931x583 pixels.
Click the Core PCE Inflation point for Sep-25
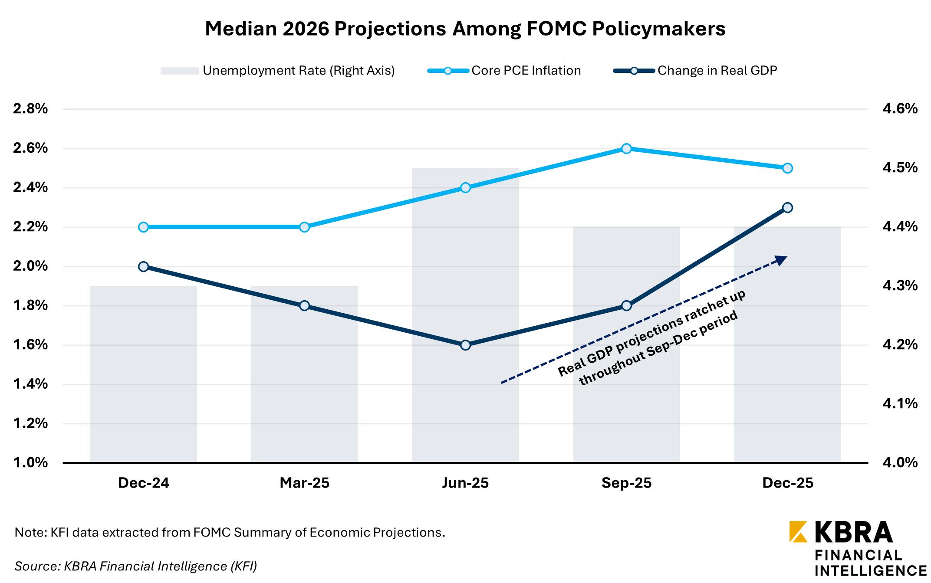(626, 149)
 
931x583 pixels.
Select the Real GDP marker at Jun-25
(465, 345)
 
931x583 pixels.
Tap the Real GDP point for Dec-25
(787, 208)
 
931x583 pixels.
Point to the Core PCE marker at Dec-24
(144, 227)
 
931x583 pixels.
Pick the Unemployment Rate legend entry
(277, 71)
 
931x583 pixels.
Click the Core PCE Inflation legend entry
(504, 71)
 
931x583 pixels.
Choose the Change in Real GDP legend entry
(695, 71)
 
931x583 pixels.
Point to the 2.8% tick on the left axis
(30, 109)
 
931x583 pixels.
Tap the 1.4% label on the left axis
(30, 384)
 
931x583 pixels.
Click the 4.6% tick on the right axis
(900, 109)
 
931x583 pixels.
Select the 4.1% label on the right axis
(900, 404)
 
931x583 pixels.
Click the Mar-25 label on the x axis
(304, 483)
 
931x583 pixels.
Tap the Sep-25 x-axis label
(626, 483)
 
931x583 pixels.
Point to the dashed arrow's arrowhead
(781, 260)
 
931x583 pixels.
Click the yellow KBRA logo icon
(798, 531)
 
